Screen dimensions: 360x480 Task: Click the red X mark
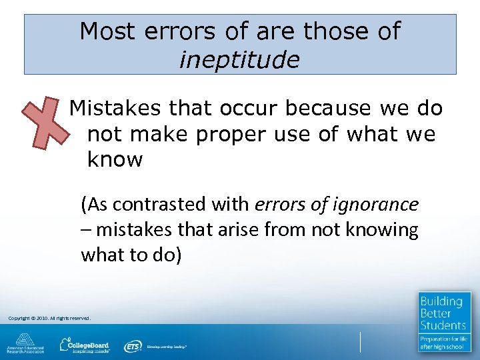pos(45,121)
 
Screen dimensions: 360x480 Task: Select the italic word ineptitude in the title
pos(239,60)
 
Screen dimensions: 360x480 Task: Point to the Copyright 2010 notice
pos(49,318)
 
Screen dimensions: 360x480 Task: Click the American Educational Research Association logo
pos(25,343)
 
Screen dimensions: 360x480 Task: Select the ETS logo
pos(133,346)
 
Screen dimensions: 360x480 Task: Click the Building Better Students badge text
pos(443,313)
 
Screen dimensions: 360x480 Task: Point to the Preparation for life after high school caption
pos(443,343)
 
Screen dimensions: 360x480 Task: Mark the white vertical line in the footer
pos(359,341)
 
